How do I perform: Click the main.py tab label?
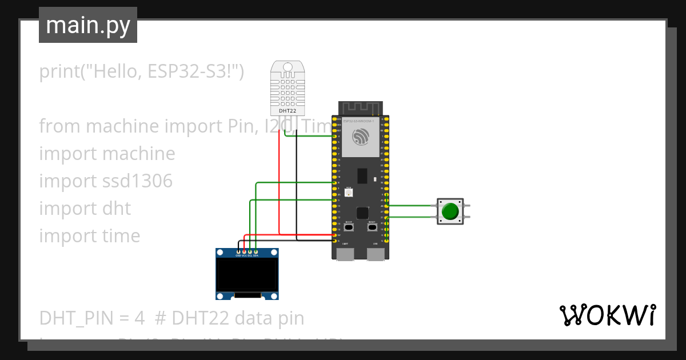pyautogui.click(x=88, y=25)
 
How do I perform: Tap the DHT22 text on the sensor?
pyautogui.click(x=287, y=111)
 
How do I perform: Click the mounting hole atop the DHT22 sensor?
pyautogui.click(x=288, y=67)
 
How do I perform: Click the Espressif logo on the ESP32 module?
pyautogui.click(x=360, y=137)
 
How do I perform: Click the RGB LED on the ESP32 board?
pyautogui.click(x=349, y=193)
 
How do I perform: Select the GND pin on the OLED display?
pyautogui.click(x=238, y=251)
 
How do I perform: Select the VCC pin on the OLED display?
pyautogui.click(x=244, y=251)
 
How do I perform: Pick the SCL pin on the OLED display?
pyautogui.click(x=250, y=251)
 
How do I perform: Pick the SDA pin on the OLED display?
pyautogui.click(x=256, y=251)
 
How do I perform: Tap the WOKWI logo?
pyautogui.click(x=607, y=315)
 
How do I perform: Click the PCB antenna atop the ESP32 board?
pyautogui.click(x=360, y=108)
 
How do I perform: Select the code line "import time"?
pyautogui.click(x=90, y=236)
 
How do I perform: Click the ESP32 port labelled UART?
pyautogui.click(x=345, y=253)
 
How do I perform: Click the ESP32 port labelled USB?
pyautogui.click(x=376, y=253)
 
